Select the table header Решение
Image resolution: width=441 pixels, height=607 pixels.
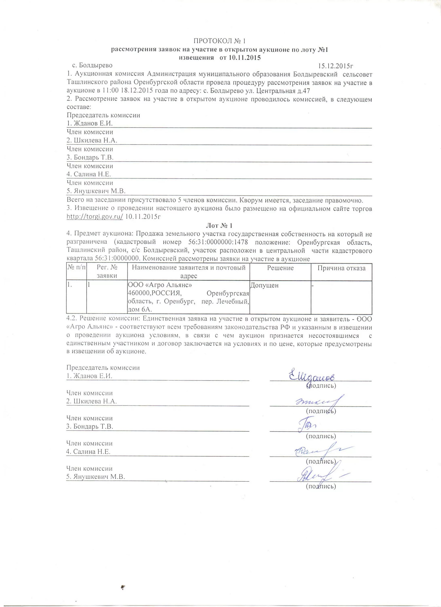point(280,268)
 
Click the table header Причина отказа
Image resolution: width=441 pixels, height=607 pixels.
point(341,268)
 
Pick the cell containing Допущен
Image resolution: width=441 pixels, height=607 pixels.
point(265,285)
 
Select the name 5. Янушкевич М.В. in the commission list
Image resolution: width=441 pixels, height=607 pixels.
point(96,191)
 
